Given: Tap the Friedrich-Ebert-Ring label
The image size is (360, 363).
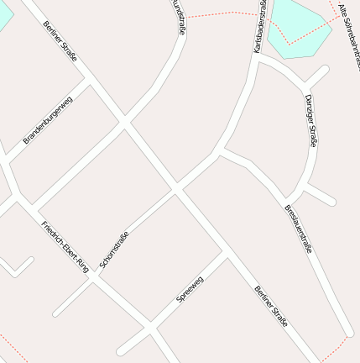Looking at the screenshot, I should (x=65, y=245).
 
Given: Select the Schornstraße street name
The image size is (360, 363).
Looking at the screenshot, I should (x=114, y=250).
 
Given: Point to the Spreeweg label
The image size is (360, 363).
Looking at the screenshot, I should (x=190, y=289).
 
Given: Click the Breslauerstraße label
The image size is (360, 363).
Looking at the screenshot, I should (x=298, y=229).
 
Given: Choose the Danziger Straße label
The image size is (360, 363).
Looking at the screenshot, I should (x=310, y=120).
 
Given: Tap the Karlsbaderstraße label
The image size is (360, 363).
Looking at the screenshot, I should (x=260, y=27).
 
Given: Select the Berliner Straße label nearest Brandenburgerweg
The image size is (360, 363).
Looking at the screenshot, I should (x=60, y=39).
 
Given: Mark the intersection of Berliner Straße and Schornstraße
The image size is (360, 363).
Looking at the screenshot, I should (x=177, y=191).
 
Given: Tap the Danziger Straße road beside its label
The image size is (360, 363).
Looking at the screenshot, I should (x=302, y=126).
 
